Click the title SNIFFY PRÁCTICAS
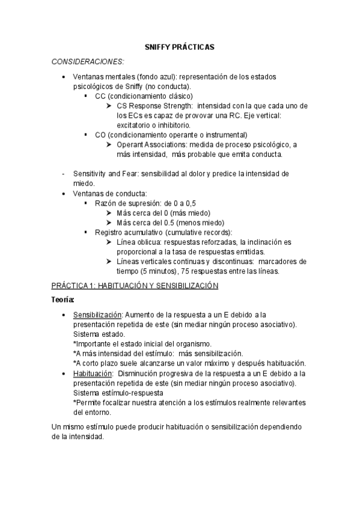coord(180,46)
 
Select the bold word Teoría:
coord(63,299)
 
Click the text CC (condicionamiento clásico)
coord(144,96)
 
